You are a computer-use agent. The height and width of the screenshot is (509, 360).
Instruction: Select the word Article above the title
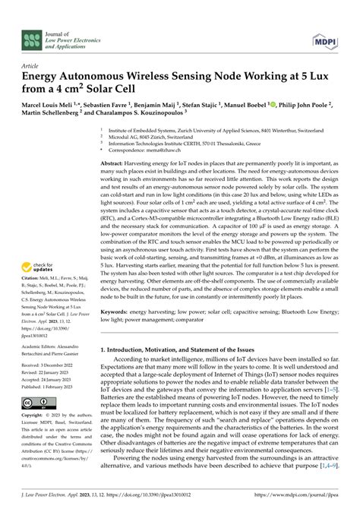coord(30,65)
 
